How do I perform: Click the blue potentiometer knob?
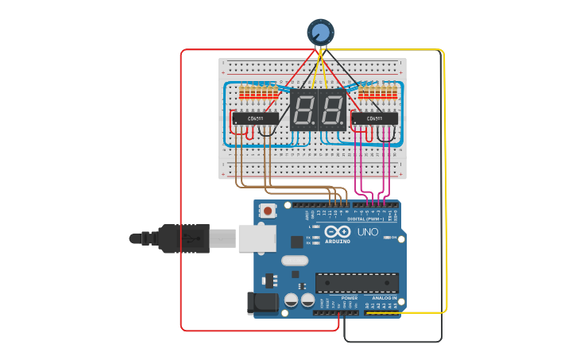(320, 32)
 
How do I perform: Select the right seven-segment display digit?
(333, 110)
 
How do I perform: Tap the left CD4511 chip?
(254, 118)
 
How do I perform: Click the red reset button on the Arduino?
(269, 211)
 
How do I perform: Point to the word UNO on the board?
(368, 232)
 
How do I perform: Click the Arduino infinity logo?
(337, 231)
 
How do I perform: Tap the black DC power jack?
(261, 303)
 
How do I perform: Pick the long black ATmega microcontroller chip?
(357, 282)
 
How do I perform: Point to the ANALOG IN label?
(384, 298)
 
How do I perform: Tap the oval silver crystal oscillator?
(294, 260)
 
